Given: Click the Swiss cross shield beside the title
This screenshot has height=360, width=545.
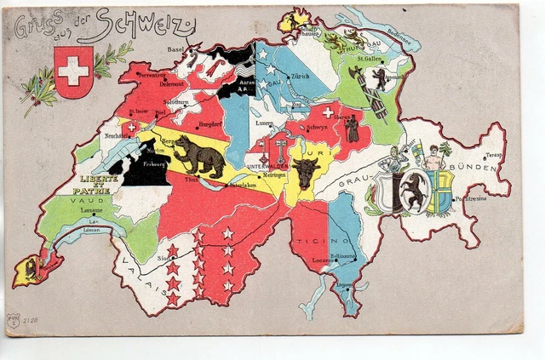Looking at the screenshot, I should tap(72, 71).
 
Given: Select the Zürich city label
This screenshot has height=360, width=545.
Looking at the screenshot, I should tap(300, 76).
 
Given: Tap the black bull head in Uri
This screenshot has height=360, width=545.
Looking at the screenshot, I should tap(305, 168).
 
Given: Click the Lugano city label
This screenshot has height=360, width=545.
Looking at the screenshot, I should tap(345, 286).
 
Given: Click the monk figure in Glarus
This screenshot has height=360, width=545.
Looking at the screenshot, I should tap(352, 129).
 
